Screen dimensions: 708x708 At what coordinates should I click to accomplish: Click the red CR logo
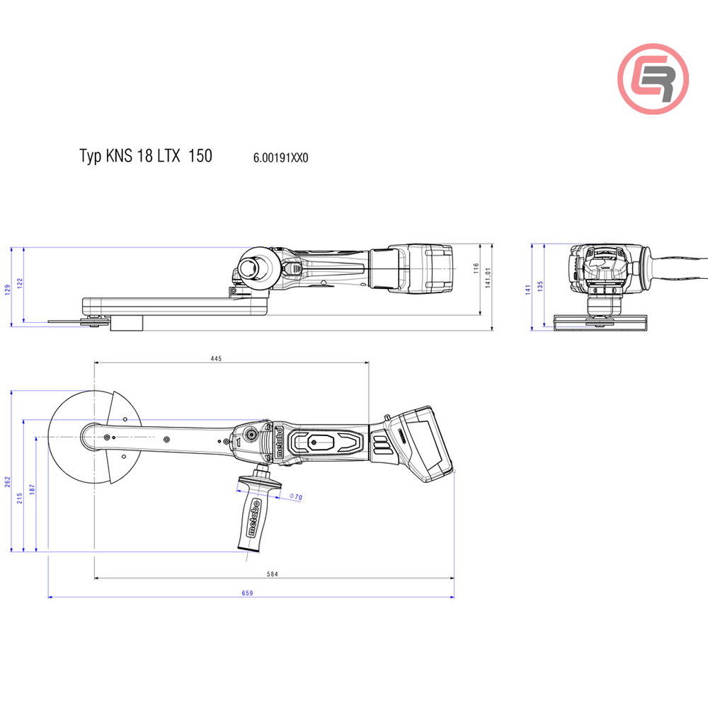tap(653, 79)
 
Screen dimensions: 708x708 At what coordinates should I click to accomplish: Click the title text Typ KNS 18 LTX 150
tap(145, 156)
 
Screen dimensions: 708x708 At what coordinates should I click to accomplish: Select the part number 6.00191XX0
tap(280, 158)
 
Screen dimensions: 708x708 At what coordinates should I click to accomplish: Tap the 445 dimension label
tap(216, 358)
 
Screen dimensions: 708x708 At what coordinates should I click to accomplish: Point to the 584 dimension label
tap(272, 574)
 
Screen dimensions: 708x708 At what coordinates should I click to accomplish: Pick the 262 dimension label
tap(8, 481)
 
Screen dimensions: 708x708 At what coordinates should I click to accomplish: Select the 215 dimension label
tap(21, 498)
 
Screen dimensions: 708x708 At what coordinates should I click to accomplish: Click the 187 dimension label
tap(33, 489)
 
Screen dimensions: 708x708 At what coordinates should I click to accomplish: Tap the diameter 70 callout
tap(295, 498)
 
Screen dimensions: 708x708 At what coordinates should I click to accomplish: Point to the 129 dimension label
tap(8, 289)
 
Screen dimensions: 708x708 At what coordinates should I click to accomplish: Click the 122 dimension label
tap(20, 282)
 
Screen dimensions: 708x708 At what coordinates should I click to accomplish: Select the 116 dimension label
tap(476, 268)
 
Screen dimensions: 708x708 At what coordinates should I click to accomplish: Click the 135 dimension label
tap(541, 286)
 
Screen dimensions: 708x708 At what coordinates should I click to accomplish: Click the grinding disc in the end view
tap(600, 323)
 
